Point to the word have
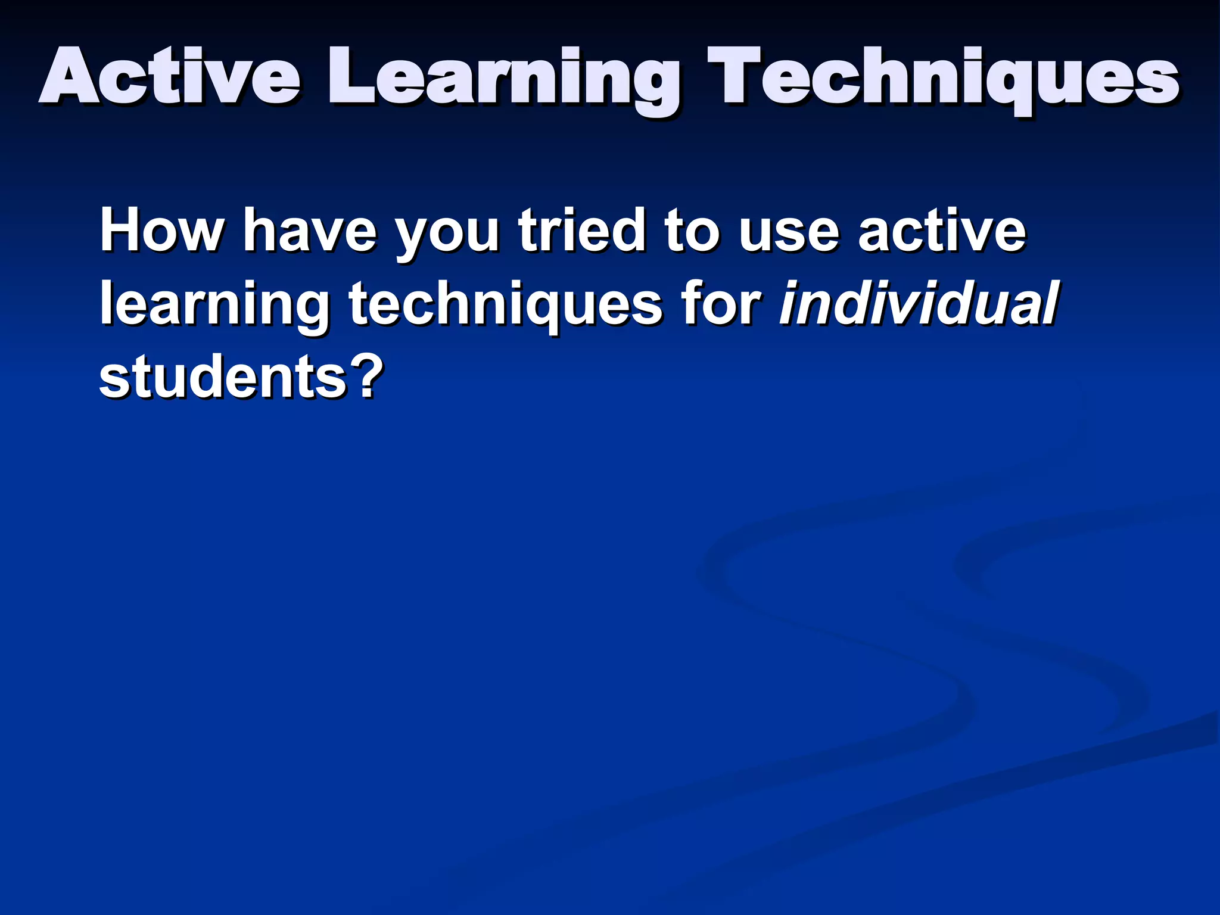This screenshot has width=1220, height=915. point(310,231)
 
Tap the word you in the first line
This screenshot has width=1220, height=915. point(447,236)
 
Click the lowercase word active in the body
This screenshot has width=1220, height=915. point(942,231)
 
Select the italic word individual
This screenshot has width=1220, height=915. point(918,304)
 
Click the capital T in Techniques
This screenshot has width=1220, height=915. point(739,76)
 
